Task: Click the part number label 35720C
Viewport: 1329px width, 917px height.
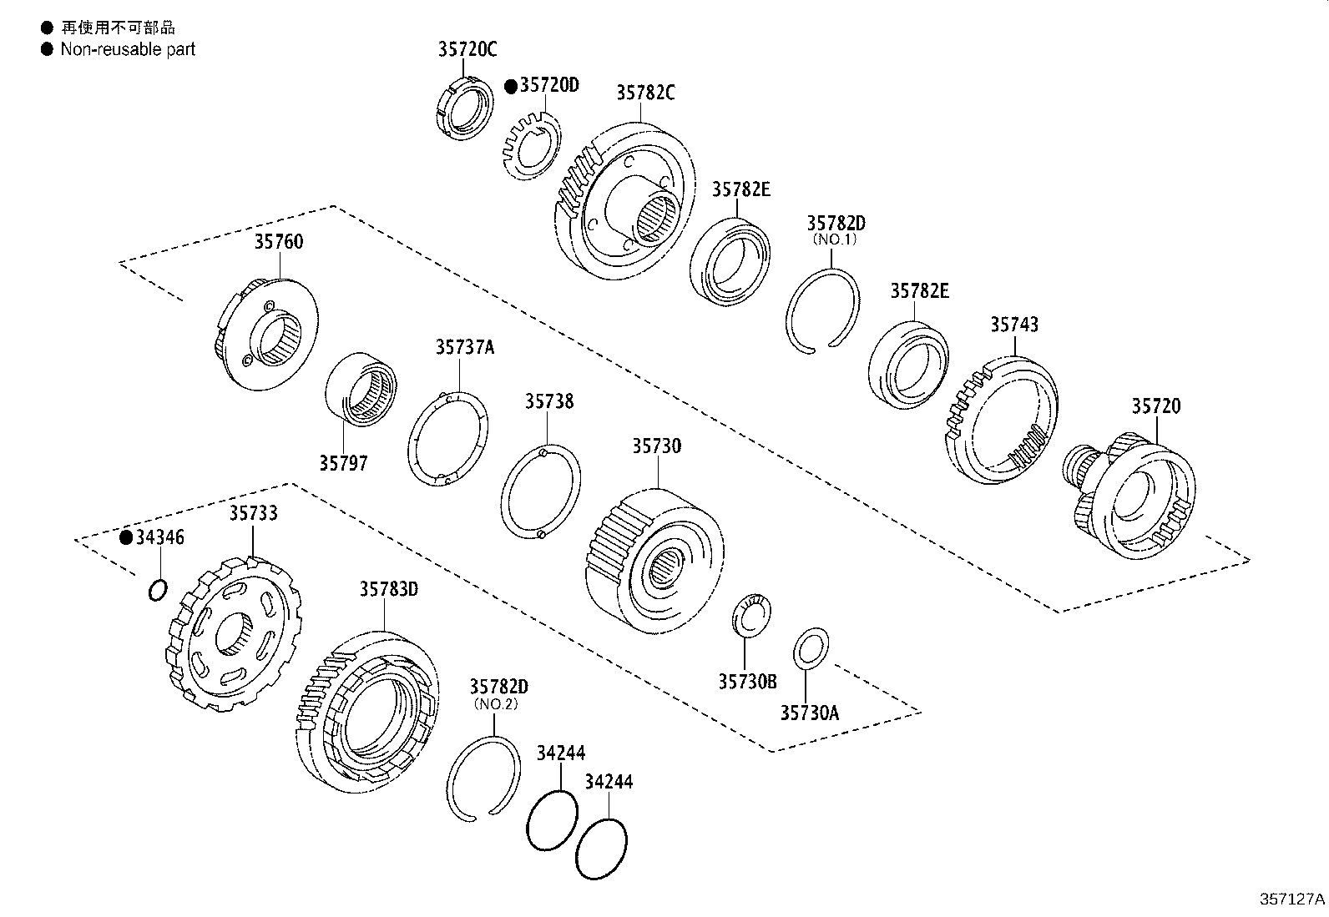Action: point(467,49)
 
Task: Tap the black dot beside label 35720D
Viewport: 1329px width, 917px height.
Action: point(512,86)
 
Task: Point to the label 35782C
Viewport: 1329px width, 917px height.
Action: point(645,93)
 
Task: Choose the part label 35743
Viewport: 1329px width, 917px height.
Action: point(1014,325)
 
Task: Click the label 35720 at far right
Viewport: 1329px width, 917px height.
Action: point(1156,406)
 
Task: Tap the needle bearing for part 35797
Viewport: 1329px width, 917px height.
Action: point(361,389)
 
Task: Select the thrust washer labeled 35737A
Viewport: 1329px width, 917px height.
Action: point(448,437)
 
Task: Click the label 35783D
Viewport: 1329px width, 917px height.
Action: point(388,590)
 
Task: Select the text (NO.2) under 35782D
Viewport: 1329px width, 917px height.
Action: point(498,703)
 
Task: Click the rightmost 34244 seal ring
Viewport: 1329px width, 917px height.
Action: point(601,848)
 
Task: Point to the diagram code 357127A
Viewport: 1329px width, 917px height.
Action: point(1291,899)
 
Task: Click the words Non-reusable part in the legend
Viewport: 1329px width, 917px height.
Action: point(127,49)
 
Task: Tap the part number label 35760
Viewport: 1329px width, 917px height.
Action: point(279,242)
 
